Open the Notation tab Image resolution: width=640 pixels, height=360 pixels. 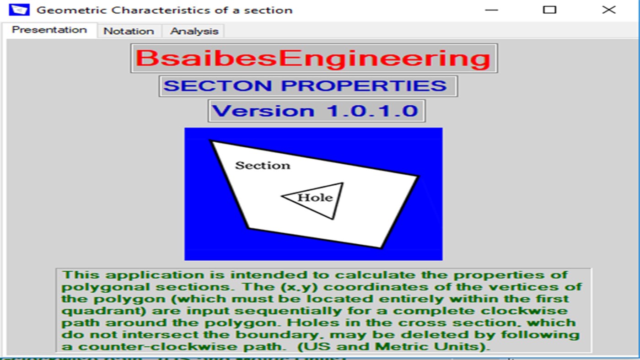point(128,31)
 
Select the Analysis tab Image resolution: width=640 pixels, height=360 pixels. point(194,31)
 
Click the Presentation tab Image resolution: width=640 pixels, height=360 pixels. point(49,30)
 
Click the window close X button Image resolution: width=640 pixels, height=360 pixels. point(608,10)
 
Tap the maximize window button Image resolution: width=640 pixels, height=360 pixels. point(549,10)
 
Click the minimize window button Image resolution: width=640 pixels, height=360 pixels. point(491,10)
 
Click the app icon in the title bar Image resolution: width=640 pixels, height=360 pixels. point(19,10)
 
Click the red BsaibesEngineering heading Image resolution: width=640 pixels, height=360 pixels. point(313,59)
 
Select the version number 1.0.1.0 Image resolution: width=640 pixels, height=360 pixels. point(372,111)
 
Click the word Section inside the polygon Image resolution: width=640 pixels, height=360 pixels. point(263,165)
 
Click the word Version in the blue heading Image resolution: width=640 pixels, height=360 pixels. point(263,111)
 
